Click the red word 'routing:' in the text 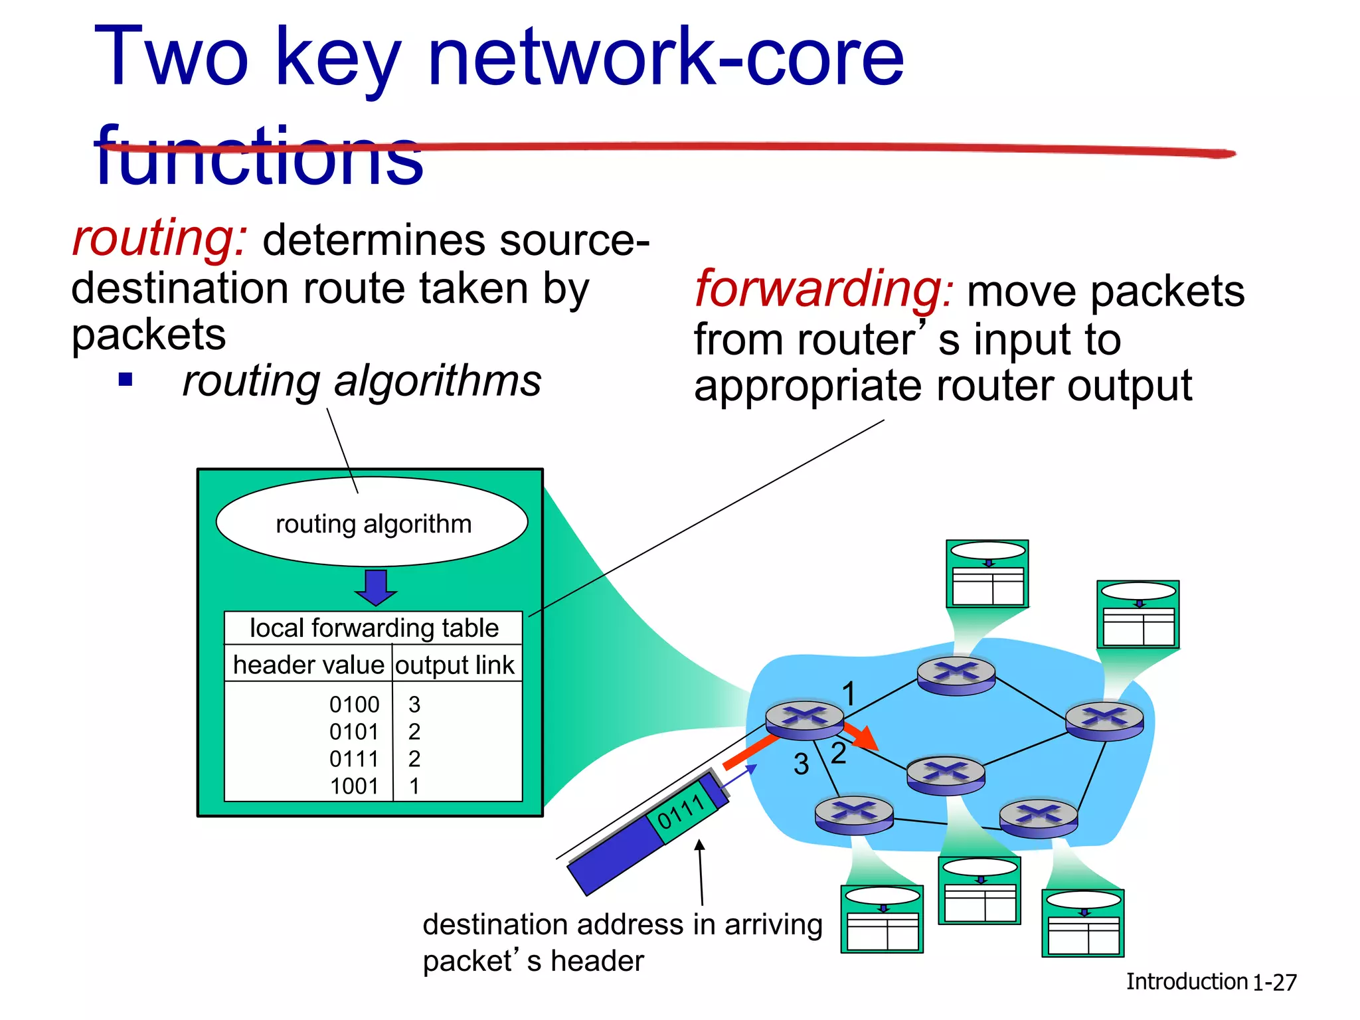point(159,238)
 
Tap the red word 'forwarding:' point(824,290)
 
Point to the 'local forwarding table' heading point(374,628)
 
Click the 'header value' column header point(309,665)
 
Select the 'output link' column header point(455,665)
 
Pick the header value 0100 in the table point(354,704)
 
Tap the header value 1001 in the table point(354,786)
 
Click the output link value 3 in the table point(414,704)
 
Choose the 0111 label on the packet point(681,812)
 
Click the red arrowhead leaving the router point(865,738)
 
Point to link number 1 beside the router point(848,695)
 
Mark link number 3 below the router point(801,764)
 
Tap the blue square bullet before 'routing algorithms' point(126,381)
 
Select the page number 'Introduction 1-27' point(1211,981)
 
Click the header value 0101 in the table point(354,732)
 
